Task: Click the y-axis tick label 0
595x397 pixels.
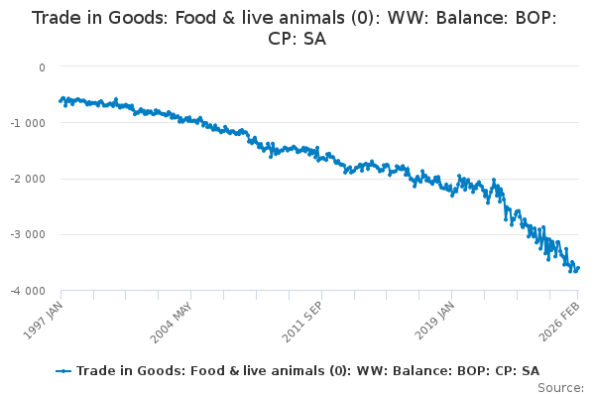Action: coord(42,67)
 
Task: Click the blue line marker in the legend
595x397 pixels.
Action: coord(63,370)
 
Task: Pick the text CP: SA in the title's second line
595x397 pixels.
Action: coord(297,40)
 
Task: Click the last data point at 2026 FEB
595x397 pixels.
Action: coord(578,267)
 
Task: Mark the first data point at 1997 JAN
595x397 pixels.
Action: coord(60,101)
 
